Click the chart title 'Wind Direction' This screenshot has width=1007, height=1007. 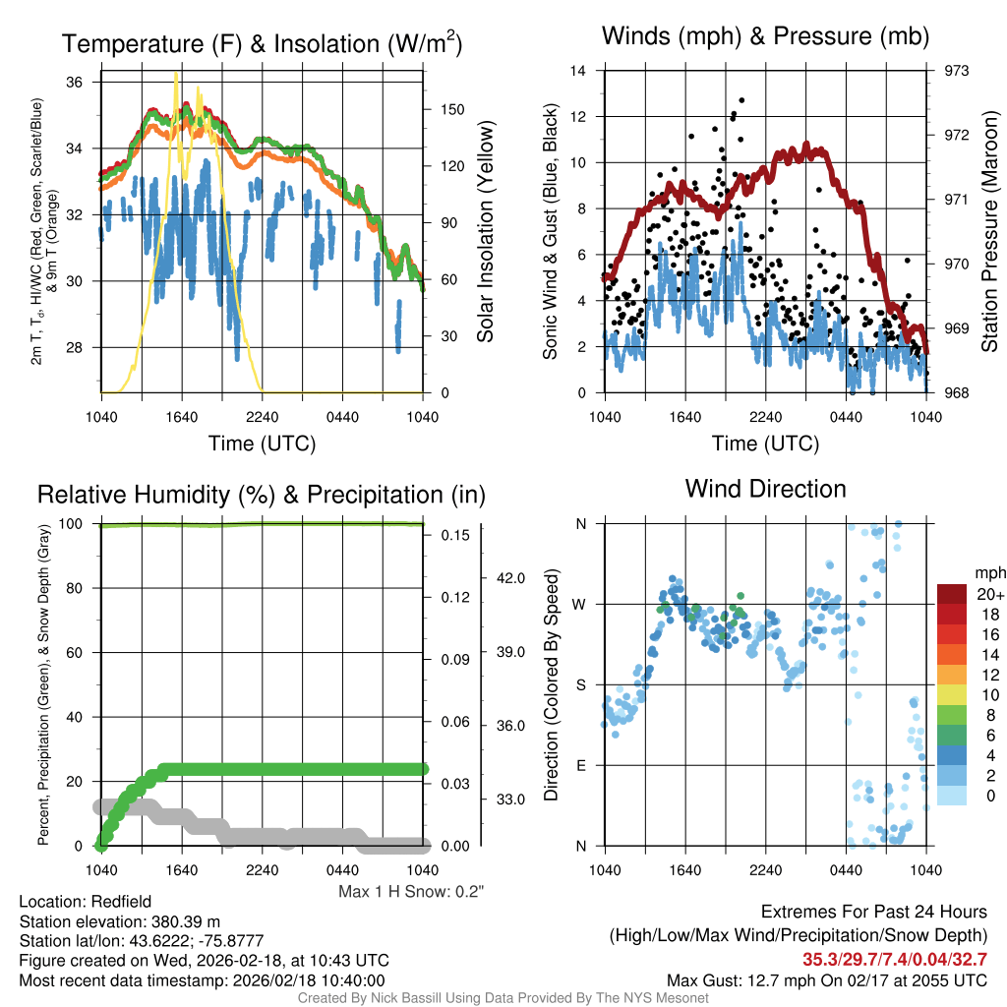tap(765, 489)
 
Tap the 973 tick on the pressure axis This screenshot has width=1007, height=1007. tap(956, 71)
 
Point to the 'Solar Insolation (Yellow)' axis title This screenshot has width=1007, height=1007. tap(486, 232)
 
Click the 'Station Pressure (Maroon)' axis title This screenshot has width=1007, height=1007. tap(989, 232)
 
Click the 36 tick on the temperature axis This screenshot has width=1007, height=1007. tap(74, 83)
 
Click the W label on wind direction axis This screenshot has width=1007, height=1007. tap(580, 605)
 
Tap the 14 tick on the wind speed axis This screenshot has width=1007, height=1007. tap(579, 71)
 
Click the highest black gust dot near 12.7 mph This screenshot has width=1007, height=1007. tap(741, 100)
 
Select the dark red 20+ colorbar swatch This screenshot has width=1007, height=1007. tap(953, 594)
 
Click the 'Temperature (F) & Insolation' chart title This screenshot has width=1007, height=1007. tap(262, 43)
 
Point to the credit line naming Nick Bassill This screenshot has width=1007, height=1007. tap(503, 998)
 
